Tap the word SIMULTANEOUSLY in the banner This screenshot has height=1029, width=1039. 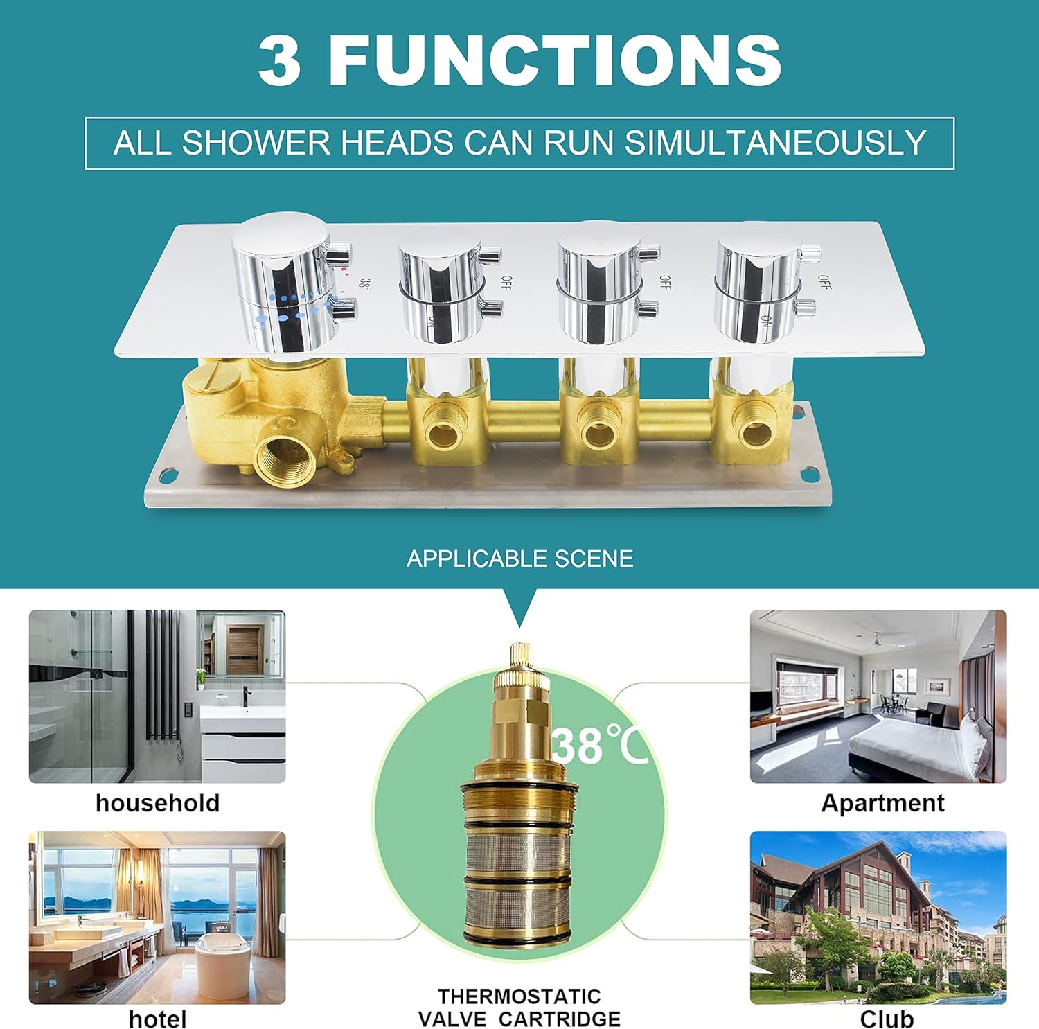[x=775, y=143]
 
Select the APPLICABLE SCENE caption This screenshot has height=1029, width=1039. [x=519, y=559]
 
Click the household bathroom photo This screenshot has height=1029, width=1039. [x=157, y=696]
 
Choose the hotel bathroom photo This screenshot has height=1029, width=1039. [x=157, y=917]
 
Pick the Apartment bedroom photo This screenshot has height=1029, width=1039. [x=878, y=696]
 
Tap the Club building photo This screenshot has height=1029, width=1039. [x=878, y=917]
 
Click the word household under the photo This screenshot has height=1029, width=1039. [x=157, y=802]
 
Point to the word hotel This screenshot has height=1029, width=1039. [x=157, y=1019]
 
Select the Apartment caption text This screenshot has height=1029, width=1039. [x=882, y=803]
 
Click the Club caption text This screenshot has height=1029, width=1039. [x=887, y=1019]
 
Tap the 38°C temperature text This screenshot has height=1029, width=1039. [x=600, y=745]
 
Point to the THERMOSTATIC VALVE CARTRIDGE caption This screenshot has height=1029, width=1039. [x=519, y=1008]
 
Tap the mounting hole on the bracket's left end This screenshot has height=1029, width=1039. [x=167, y=476]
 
